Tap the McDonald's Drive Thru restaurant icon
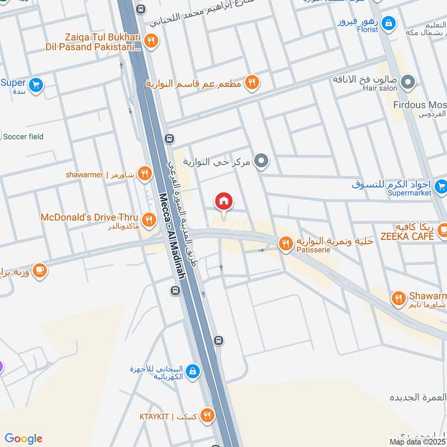pos(148,218)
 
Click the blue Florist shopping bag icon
pos(390,23)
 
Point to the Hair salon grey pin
pos(408,83)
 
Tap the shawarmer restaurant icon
pos(145,174)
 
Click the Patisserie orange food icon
pos(286,244)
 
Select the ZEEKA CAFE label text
pos(407,237)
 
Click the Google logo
pos(23,439)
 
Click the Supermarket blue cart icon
pos(441,185)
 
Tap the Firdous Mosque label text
pos(419,105)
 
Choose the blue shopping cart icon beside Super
pos(36,85)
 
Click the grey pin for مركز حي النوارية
pos(261,162)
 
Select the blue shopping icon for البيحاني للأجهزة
pos(192,370)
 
